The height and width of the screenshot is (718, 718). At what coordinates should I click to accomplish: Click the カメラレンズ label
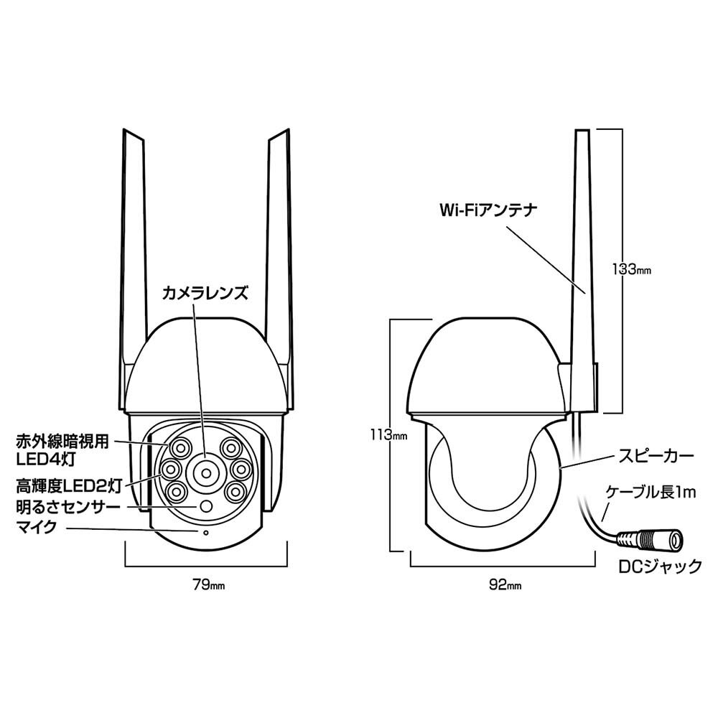[205, 293]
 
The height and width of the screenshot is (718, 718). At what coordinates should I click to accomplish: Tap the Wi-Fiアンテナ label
[488, 210]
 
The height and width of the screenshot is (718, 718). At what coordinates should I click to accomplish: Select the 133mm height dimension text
[631, 269]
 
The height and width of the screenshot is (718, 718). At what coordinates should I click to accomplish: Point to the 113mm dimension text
[388, 434]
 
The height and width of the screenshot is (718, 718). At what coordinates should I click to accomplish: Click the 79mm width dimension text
[208, 584]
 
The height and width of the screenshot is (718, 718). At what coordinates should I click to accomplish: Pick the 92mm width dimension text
[505, 584]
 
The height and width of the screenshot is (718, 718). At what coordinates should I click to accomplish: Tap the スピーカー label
[656, 456]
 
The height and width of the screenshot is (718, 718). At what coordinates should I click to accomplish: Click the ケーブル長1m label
[651, 493]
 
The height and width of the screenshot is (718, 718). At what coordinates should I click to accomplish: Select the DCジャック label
[660, 567]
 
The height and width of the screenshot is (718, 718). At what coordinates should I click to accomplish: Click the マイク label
[37, 526]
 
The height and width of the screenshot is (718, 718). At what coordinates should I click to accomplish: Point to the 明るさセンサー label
[68, 507]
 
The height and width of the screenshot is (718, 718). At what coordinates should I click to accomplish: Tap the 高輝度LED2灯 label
[69, 486]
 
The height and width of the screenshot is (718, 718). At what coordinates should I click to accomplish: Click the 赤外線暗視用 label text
[62, 442]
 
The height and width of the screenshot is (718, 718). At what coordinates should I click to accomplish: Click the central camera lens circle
[205, 472]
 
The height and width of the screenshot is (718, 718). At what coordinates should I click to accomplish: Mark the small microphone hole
[205, 533]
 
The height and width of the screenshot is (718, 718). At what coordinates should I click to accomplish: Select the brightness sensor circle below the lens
[206, 506]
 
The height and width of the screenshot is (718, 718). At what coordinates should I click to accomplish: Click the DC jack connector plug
[651, 541]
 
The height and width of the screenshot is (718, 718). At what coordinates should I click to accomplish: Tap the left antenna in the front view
[134, 266]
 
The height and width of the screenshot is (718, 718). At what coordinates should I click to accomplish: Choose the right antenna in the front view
[279, 266]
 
